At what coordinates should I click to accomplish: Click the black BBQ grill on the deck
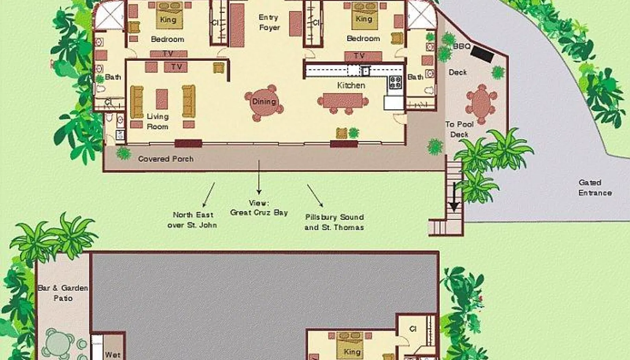coord(482,54)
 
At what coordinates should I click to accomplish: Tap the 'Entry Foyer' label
coord(269,22)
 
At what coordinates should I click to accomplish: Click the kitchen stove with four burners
coord(395,82)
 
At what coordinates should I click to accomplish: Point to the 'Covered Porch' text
coord(166,159)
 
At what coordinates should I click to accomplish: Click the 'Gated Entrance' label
coord(595,187)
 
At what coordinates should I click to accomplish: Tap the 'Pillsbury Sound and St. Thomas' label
coord(334,222)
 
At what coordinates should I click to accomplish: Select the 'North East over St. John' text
coord(192,220)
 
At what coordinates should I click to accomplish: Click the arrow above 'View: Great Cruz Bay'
coord(259,177)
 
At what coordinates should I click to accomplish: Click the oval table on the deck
coord(481,104)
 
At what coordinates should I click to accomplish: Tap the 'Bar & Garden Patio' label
coord(63,293)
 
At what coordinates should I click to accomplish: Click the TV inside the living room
coord(176,67)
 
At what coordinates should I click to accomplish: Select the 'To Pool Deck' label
coord(459,129)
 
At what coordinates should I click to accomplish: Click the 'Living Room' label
coord(157,121)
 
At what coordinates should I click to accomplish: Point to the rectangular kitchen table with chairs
coord(343,101)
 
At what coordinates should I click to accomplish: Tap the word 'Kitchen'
coord(351,85)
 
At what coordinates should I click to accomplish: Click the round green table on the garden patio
coord(58,343)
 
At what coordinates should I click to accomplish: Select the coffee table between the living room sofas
coord(162,99)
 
